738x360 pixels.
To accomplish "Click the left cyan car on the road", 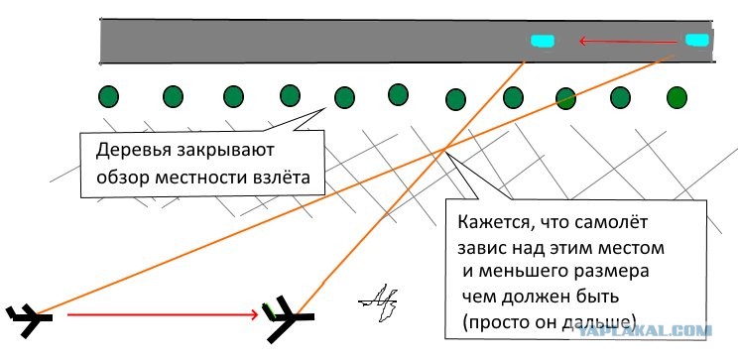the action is click(x=543, y=41).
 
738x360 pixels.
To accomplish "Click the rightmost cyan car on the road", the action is click(x=697, y=40).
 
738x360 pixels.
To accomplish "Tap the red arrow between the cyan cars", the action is click(x=628, y=42).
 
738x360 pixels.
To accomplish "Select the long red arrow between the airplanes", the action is click(x=164, y=313).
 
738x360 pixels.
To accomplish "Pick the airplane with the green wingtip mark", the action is click(x=288, y=317).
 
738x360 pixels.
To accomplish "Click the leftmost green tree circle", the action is click(x=108, y=97).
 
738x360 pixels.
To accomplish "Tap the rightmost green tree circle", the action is click(x=676, y=97).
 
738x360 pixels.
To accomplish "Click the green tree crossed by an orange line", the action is click(x=565, y=98).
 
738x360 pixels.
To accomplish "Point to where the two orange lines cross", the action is click(x=444, y=150).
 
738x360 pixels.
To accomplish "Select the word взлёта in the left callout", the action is click(x=282, y=178).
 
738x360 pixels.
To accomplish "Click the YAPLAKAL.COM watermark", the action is click(x=645, y=331).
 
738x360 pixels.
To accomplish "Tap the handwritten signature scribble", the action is click(x=379, y=302).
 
